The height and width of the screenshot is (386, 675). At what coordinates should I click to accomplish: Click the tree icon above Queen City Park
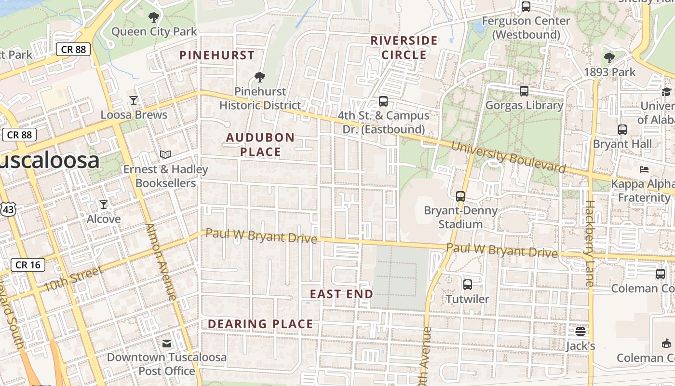point(154,18)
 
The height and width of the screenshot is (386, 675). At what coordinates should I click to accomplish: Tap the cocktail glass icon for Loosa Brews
point(134,100)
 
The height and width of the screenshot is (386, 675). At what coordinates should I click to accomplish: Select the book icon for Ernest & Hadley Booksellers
point(165,155)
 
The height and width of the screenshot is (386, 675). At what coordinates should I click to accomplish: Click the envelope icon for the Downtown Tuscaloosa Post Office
point(167,344)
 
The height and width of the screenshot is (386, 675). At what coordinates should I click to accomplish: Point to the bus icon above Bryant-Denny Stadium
point(460,196)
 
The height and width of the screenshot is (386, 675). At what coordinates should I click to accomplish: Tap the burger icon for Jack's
point(580,332)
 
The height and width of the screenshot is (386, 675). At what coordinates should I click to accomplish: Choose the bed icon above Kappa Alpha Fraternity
point(644,169)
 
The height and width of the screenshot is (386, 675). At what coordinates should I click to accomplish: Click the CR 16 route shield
point(28,265)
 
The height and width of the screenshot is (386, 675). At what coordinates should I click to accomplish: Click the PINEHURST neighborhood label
point(217,55)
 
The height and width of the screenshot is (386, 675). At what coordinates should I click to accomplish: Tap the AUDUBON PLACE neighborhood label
point(260,145)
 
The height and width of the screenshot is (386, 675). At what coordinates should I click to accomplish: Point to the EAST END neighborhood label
point(341,294)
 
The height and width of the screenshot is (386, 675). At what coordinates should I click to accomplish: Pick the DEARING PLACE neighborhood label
point(260,324)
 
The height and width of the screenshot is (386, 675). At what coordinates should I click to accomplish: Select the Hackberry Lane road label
point(589,244)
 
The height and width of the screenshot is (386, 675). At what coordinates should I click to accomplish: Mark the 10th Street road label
point(73,279)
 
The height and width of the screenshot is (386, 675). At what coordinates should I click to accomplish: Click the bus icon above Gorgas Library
point(524,91)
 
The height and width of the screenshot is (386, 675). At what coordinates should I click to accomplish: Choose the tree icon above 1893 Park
point(609,58)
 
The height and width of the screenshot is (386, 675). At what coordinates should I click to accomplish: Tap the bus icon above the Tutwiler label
point(467,285)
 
